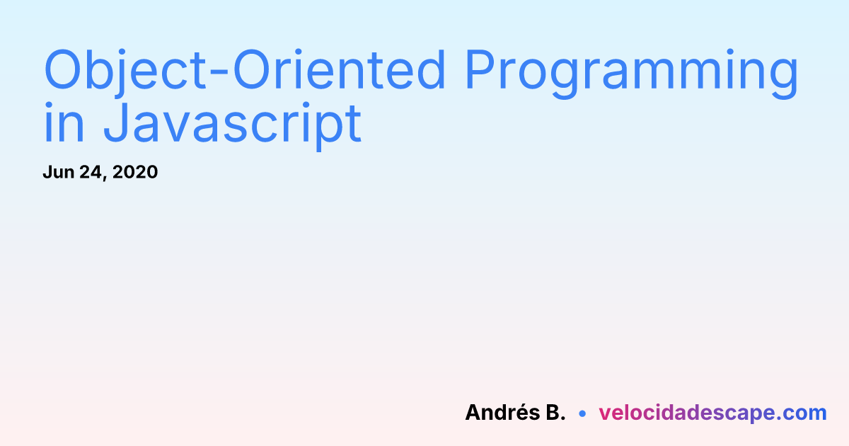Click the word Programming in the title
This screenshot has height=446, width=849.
click(x=633, y=74)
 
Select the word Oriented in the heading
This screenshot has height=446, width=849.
click(x=339, y=70)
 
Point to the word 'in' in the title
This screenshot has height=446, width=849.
click(x=64, y=122)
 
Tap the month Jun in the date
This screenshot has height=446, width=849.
click(x=58, y=172)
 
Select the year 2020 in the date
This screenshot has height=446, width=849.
click(x=135, y=172)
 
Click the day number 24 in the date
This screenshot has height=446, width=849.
click(x=91, y=172)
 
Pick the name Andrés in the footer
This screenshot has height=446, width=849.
click(x=502, y=412)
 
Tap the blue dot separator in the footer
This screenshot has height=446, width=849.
click(x=582, y=413)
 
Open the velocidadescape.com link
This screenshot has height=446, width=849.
click(x=712, y=413)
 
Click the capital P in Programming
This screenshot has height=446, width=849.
click(x=480, y=70)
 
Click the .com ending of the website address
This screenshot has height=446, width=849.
click(x=801, y=413)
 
